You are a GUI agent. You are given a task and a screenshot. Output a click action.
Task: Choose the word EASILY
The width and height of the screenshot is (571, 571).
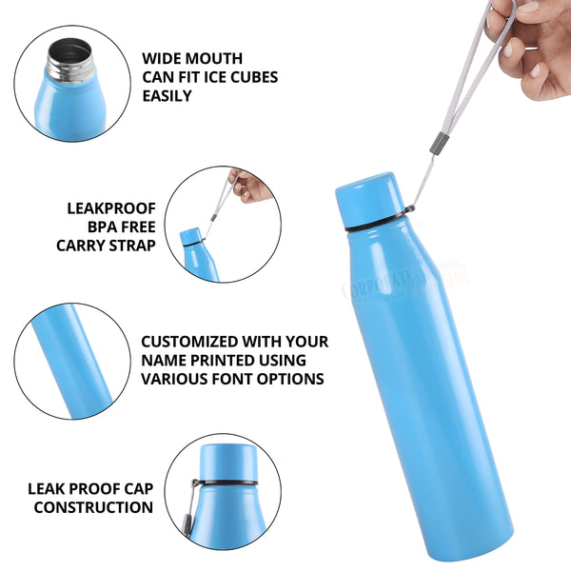167,95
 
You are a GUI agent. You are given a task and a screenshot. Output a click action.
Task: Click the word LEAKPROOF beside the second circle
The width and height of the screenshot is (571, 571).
111,207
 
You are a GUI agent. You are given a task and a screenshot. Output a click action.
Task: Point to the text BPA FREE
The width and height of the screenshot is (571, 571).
121,226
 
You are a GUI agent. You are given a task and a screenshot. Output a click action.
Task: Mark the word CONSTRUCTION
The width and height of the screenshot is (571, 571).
93,507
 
